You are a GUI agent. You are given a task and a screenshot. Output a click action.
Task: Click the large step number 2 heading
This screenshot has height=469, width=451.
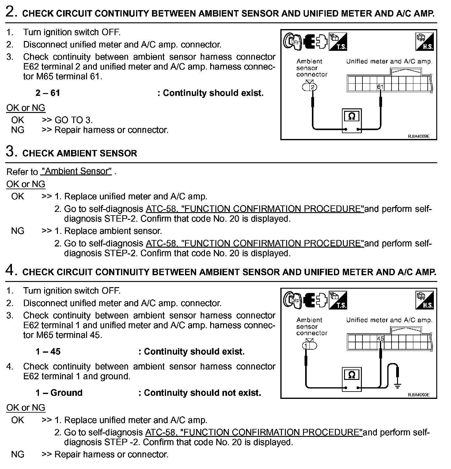12,13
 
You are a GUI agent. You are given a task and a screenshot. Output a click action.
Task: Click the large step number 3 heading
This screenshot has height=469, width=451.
12,152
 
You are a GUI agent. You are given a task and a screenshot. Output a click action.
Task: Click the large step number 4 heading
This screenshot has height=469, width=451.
12,271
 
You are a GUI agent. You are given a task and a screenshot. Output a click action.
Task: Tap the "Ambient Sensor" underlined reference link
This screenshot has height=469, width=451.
76,171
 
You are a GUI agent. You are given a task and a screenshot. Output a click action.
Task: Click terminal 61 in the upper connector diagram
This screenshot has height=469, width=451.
380,87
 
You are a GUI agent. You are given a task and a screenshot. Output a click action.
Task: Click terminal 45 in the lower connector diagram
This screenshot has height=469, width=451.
380,339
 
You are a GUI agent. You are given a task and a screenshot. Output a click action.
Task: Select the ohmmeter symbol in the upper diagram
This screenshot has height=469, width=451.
352,117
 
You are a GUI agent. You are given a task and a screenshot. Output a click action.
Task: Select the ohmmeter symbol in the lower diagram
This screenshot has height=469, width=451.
352,375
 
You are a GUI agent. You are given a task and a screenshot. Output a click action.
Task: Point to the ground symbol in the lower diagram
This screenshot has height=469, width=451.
397,386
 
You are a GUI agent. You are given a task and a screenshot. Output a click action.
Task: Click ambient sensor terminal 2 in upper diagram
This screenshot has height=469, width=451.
312,87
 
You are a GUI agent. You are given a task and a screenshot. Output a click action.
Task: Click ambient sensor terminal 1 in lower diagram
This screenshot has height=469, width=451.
306,346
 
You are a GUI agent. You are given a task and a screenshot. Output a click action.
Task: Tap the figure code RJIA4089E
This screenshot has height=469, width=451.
419,136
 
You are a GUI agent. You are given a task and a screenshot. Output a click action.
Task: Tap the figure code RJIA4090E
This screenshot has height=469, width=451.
419,395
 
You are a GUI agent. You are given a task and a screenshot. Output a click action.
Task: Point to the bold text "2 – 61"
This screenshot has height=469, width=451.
48,93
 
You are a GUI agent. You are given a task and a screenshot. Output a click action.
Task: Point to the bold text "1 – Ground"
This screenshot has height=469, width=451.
59,393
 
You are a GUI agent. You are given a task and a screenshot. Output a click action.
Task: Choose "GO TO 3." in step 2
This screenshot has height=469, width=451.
74,120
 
